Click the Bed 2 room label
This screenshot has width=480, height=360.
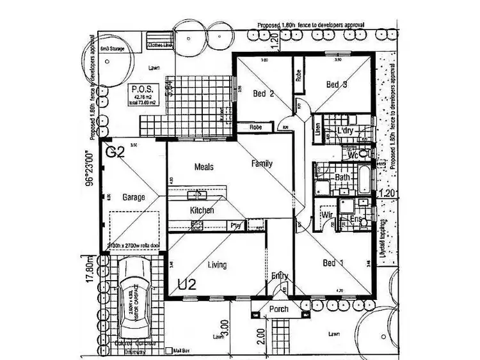263,94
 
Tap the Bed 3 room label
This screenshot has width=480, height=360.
336,84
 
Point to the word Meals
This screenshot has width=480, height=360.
204,168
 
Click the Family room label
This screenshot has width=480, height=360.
261,164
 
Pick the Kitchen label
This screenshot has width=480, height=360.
202,210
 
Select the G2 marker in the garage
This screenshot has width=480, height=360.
115,153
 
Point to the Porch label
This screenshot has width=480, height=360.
278,309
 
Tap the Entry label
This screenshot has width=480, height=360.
280,276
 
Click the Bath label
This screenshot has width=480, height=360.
342,177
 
